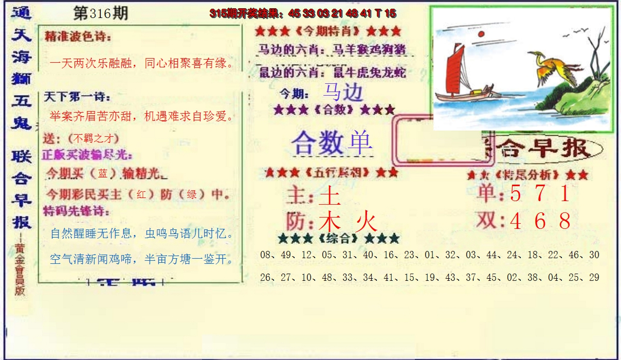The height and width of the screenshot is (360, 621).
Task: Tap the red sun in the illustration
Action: tap(481, 34)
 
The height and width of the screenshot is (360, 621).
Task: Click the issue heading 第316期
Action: tap(100, 14)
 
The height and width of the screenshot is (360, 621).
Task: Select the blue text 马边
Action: tap(342, 92)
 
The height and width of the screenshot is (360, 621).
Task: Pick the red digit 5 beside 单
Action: tap(516, 193)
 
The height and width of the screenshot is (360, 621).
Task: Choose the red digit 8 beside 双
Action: tap(564, 222)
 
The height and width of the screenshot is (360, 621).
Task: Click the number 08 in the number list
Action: tap(266, 255)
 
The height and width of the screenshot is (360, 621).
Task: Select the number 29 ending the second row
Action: tap(594, 278)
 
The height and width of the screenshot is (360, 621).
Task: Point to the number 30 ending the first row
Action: tap(594, 255)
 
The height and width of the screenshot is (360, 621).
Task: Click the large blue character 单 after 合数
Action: tap(360, 142)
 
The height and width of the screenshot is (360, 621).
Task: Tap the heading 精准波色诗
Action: tap(78, 37)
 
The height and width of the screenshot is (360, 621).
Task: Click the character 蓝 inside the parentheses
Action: tap(103, 173)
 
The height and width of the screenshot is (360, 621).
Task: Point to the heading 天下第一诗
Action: tap(77, 97)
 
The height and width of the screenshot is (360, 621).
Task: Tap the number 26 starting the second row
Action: tap(266, 278)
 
